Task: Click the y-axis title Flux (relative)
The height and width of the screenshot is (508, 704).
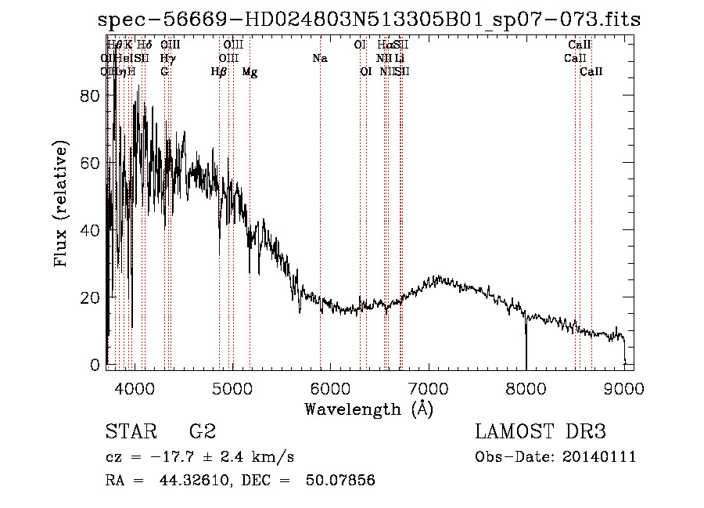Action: click(61, 204)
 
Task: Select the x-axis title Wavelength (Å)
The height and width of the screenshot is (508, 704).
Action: click(368, 409)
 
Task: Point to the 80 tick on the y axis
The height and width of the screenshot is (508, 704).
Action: click(92, 95)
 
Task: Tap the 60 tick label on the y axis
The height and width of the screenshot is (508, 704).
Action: click(92, 163)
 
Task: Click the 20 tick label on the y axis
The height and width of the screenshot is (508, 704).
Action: click(92, 297)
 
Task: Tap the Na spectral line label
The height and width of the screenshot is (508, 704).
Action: click(319, 59)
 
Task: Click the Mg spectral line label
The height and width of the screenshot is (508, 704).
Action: click(250, 72)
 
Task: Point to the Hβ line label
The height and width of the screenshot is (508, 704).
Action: click(219, 72)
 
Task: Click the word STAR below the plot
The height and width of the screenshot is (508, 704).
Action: click(128, 432)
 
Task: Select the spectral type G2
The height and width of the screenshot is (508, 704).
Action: click(202, 432)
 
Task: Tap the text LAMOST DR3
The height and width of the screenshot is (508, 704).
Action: click(541, 432)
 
